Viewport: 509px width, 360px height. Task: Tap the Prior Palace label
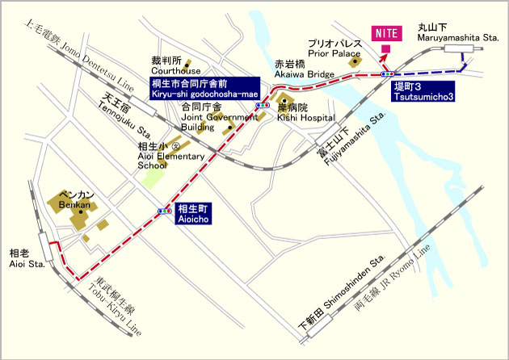point(334,48)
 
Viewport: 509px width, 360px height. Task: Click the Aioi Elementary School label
point(158,155)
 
